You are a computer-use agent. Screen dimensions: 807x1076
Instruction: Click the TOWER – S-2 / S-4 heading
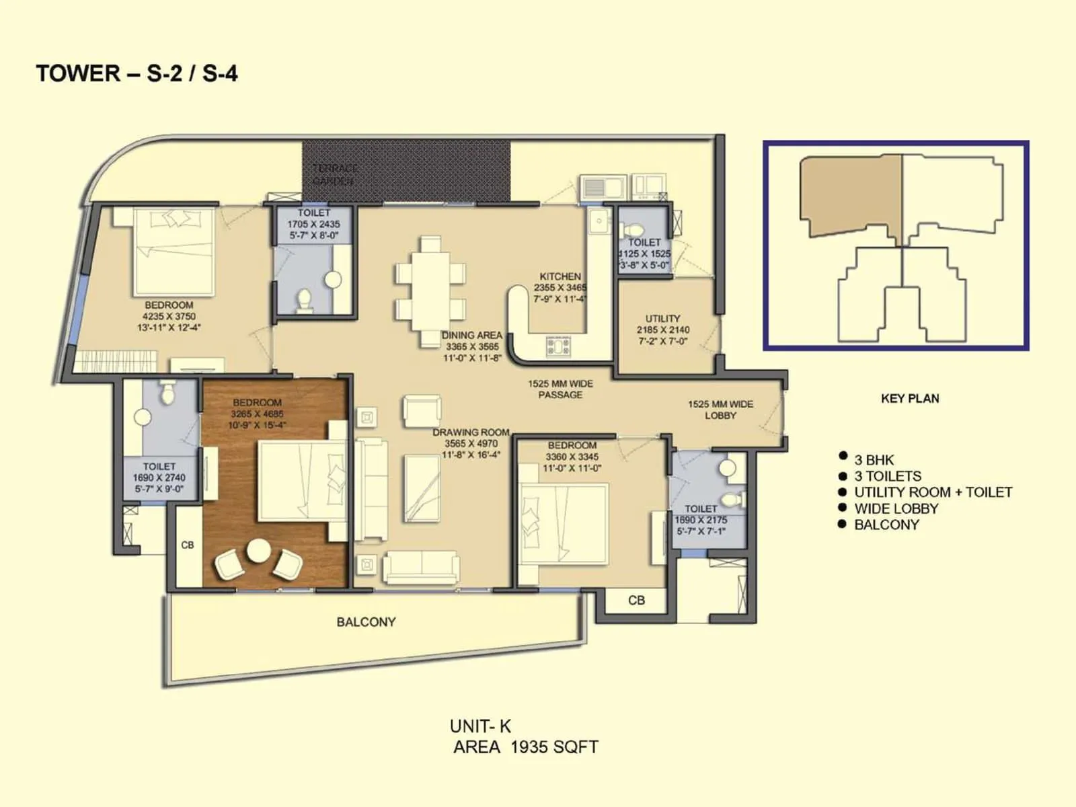point(137,73)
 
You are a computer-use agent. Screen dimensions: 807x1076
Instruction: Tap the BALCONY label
point(366,622)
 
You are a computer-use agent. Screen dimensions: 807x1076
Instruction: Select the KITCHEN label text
point(560,276)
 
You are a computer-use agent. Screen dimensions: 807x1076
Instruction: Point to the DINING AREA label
point(471,335)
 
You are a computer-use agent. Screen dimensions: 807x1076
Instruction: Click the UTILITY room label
point(662,319)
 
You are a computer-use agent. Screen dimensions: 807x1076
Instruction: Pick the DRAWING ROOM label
point(471,432)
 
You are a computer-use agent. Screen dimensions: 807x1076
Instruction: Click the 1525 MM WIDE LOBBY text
point(720,410)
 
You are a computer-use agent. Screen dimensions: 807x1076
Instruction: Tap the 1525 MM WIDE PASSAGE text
point(560,389)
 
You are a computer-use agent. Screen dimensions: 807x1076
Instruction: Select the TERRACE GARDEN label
point(334,174)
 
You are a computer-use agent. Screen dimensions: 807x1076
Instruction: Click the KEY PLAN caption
point(909,398)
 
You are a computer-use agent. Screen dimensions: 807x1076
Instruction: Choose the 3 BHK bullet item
point(874,460)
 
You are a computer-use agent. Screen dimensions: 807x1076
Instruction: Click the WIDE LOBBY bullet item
point(896,508)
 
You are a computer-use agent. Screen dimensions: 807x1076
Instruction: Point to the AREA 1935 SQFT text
point(525,747)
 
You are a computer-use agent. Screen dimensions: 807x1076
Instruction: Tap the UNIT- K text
point(480,726)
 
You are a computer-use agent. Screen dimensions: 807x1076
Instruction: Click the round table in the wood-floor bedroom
point(258,551)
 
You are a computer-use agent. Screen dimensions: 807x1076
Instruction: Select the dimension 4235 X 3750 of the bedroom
point(169,316)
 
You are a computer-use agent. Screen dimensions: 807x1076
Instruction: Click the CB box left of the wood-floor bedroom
point(188,545)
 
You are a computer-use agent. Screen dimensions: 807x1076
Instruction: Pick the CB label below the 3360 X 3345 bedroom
point(636,600)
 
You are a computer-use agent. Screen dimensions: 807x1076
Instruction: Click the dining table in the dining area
point(430,291)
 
